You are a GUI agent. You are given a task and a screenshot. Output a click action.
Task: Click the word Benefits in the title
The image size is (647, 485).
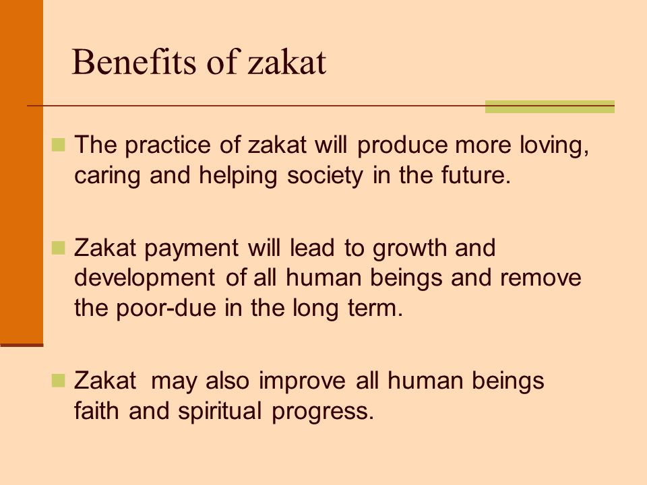tap(133, 62)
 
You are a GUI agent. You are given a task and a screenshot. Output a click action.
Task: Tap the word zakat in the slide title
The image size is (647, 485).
tap(287, 62)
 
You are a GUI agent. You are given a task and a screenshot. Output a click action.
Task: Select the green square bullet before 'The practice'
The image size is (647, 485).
tap(58, 145)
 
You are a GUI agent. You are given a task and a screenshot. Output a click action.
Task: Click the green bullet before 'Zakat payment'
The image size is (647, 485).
tap(58, 248)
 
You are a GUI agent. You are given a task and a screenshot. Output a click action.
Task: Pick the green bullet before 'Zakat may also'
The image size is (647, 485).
tap(58, 380)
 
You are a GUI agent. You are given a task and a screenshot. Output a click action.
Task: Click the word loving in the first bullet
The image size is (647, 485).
tap(554, 145)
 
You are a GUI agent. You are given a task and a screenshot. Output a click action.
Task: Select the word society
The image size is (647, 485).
tap(325, 176)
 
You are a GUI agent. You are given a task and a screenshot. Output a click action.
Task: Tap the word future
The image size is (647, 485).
tap(475, 175)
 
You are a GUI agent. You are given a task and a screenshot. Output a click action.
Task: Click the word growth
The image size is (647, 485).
tap(410, 249)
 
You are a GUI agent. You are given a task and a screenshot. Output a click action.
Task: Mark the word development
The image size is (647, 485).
tap(144, 278)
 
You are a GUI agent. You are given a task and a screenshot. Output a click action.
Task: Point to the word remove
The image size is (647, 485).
tap(541, 278)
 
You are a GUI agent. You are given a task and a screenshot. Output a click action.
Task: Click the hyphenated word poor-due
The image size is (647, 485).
tap(166, 309)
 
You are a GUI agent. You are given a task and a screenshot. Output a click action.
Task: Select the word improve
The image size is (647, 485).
tap(302, 381)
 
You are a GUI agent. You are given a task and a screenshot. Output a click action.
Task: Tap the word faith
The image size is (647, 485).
tap(97, 410)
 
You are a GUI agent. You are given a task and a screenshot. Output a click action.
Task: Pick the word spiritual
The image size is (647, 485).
tap(220, 412)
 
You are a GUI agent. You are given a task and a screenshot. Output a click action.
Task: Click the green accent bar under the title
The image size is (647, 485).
tap(550, 106)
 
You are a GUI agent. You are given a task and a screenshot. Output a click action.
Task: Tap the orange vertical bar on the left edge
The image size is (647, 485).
tap(22, 172)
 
